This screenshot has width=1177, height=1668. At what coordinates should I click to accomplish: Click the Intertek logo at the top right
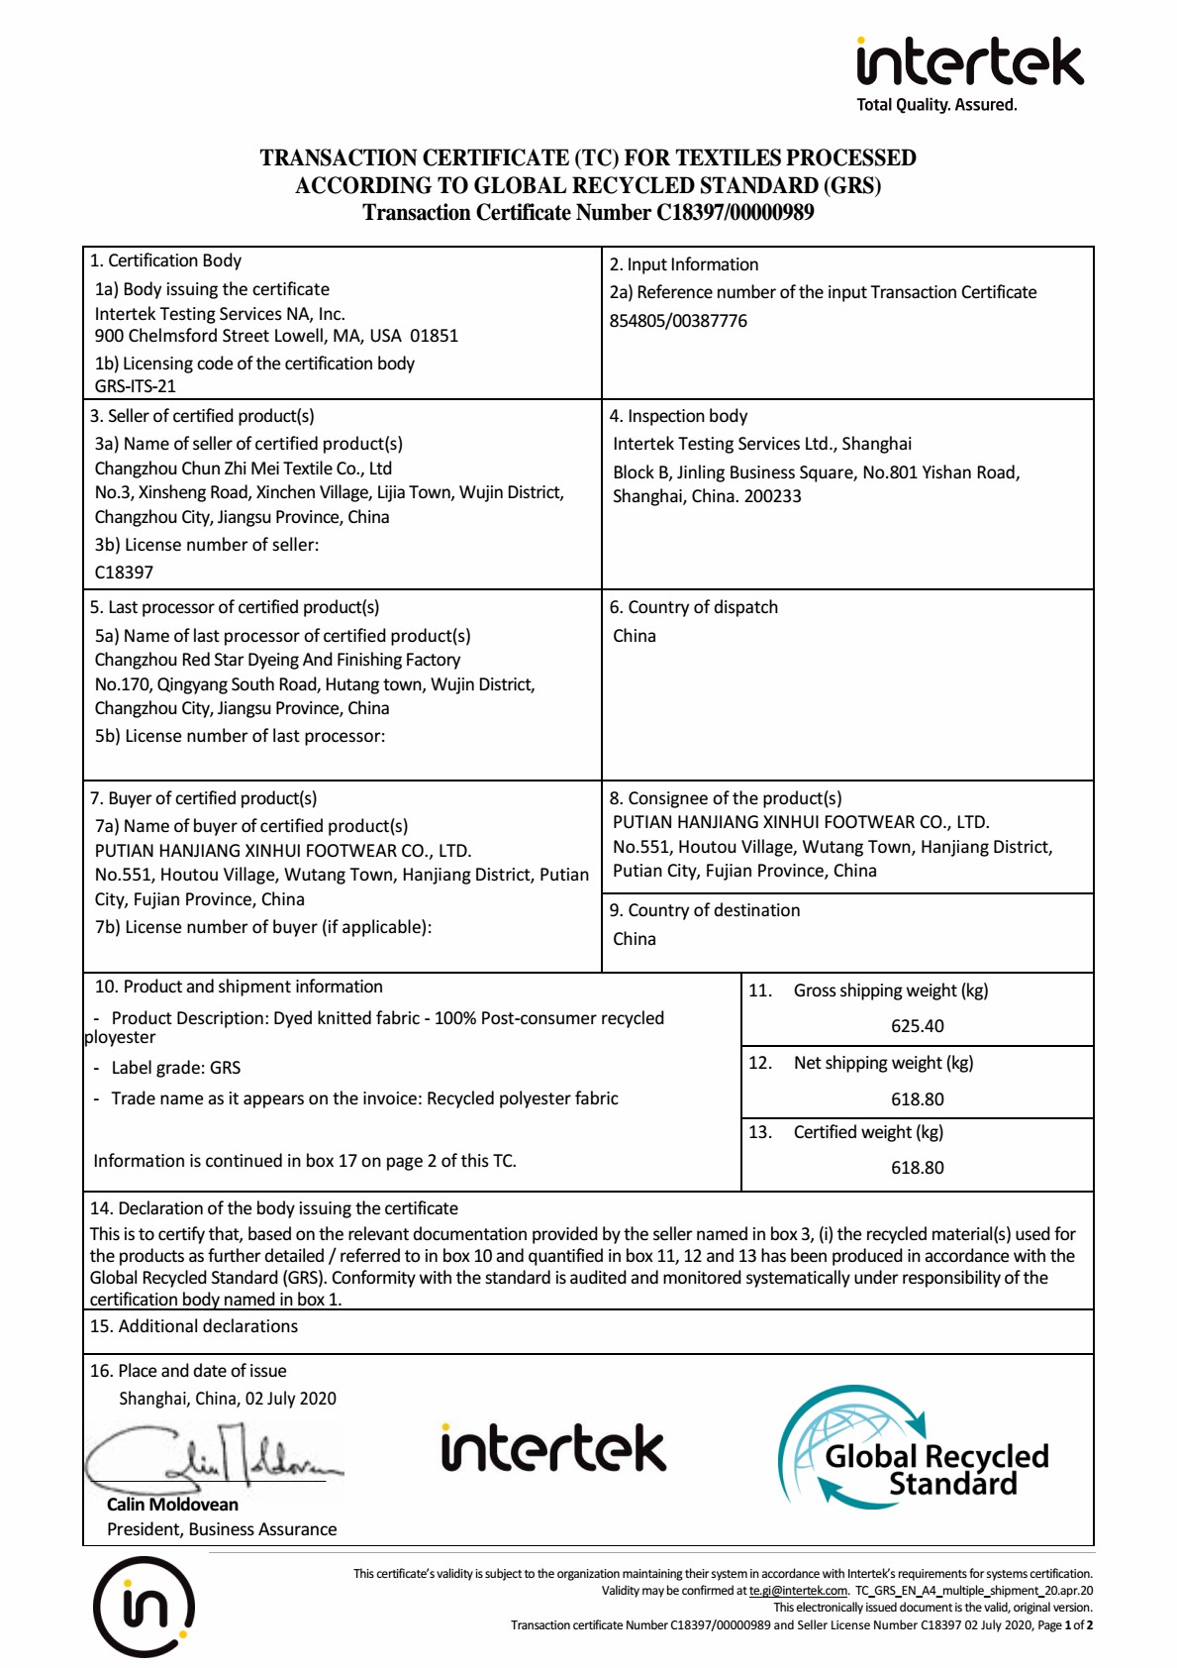click(969, 62)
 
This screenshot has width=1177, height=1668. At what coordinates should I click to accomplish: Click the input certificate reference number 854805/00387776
click(678, 321)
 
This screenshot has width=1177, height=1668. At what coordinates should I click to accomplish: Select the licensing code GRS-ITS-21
click(135, 386)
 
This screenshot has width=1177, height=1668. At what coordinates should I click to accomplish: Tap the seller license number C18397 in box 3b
click(124, 573)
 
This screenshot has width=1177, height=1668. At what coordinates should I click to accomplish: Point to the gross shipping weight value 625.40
click(917, 1026)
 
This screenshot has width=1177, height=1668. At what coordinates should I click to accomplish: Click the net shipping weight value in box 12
click(917, 1099)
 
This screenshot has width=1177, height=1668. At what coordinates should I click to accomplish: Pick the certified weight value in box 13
click(917, 1168)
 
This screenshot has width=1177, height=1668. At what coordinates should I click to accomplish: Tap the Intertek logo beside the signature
click(553, 1448)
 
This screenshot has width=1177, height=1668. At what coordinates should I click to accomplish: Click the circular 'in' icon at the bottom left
click(144, 1606)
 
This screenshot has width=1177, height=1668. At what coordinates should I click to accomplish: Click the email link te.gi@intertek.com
click(798, 1591)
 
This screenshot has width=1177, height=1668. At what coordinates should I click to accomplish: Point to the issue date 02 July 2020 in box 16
click(291, 1399)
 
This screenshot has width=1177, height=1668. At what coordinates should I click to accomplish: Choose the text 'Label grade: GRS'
click(175, 1068)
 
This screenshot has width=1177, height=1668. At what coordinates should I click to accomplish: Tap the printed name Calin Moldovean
click(172, 1505)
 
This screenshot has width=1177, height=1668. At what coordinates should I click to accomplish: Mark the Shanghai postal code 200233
click(772, 496)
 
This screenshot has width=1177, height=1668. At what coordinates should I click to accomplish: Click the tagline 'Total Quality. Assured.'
click(936, 105)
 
